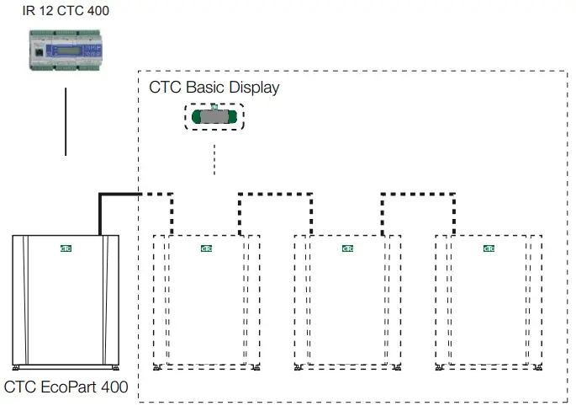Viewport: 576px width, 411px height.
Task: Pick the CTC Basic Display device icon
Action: (x=214, y=117)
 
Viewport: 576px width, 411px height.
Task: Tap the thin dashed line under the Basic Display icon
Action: (x=214, y=159)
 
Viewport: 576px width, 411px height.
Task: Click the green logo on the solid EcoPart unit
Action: (x=66, y=248)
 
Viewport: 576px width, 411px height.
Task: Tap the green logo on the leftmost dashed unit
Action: (x=207, y=248)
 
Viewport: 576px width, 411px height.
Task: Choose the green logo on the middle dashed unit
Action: (x=348, y=248)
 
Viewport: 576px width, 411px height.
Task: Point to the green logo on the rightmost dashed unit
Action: (x=489, y=248)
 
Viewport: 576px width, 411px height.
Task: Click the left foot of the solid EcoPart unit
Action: (x=18, y=369)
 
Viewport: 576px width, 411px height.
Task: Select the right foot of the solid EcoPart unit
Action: (x=114, y=369)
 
